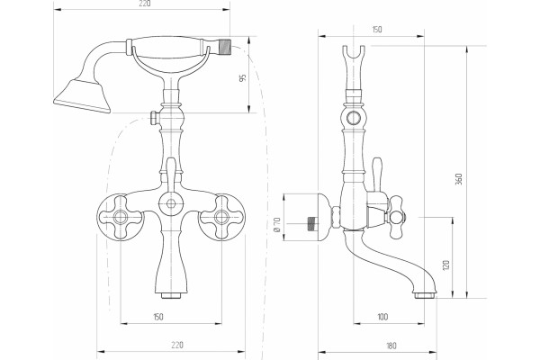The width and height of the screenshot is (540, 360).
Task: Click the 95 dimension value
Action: [x=243, y=78]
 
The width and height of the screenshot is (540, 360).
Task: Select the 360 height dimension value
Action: [x=458, y=179]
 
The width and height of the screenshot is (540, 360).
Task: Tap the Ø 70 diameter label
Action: [x=277, y=224]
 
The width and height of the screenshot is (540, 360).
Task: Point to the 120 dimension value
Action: [x=446, y=265]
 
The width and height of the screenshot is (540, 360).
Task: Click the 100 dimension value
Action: [x=382, y=317]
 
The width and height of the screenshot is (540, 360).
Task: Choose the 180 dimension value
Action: [x=391, y=346]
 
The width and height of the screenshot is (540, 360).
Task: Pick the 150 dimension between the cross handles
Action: [x=158, y=317]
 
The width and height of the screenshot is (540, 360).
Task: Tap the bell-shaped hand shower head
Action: [x=82, y=96]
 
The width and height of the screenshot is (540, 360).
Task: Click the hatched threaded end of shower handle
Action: [x=224, y=46]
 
